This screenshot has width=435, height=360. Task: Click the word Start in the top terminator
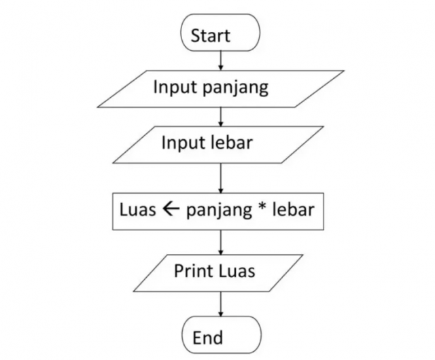(x=220, y=35)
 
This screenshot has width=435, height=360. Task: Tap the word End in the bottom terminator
(x=208, y=338)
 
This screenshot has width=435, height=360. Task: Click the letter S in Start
(x=196, y=35)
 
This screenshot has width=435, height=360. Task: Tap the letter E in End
(x=197, y=338)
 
